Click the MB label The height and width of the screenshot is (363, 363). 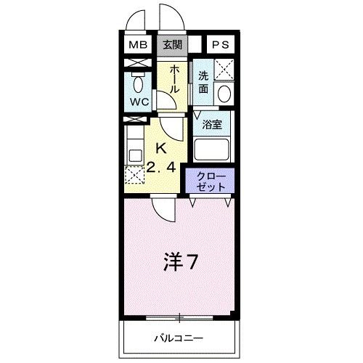click(138, 45)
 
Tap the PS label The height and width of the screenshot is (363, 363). click(220, 45)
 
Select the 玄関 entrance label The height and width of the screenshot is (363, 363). click(172, 45)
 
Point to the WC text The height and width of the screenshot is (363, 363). click(139, 102)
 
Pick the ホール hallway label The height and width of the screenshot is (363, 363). click(175, 78)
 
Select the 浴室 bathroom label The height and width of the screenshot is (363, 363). click(212, 124)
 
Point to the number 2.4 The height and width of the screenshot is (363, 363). click(162, 168)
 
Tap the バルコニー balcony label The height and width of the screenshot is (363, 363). click(179, 339)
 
